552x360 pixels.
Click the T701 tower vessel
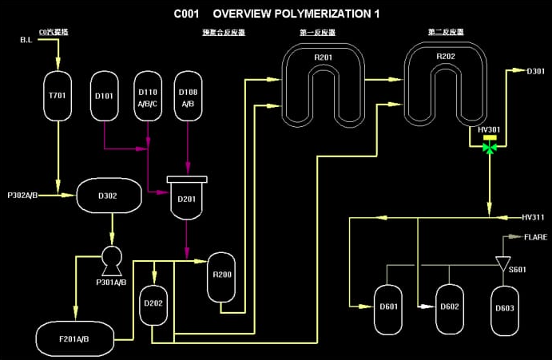coord(58,96)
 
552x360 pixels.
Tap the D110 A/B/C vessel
coord(148,96)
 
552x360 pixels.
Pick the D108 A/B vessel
coord(188,96)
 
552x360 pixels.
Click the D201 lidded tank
coord(187,199)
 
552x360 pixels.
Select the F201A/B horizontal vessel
coord(73,338)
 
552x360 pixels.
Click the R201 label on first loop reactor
coord(323,57)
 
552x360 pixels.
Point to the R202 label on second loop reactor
coord(445,57)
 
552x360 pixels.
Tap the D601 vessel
coord(389,307)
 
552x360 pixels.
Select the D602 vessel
coord(450,307)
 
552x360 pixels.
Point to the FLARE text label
coord(534,237)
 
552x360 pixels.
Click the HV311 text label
coord(532,216)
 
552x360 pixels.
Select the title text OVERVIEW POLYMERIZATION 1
coord(296,14)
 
